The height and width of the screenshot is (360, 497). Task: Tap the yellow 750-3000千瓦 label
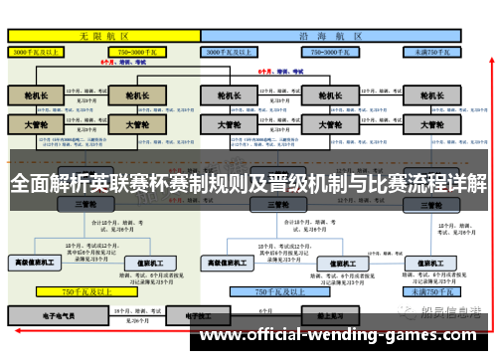[138, 50]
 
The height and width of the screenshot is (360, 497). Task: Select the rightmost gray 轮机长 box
[433, 96]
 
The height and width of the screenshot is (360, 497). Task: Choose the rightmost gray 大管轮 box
[433, 126]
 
